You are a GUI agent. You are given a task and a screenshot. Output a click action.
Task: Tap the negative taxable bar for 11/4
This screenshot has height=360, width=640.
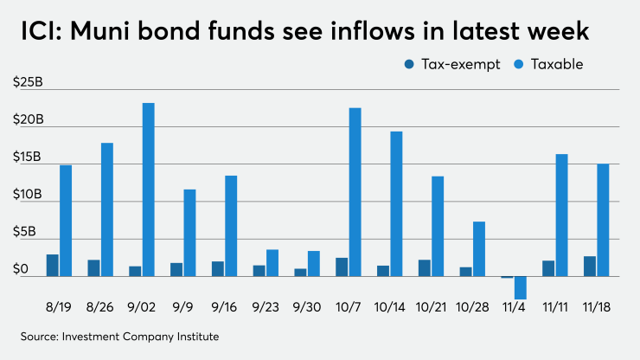(520, 287)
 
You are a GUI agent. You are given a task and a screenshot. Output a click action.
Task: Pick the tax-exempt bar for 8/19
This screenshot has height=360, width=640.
(53, 266)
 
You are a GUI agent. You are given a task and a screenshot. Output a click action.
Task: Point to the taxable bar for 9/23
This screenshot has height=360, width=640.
(272, 263)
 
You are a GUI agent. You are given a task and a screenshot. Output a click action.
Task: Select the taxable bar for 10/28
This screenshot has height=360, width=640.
(478, 249)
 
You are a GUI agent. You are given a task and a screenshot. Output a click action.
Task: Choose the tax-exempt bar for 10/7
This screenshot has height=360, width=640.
(342, 267)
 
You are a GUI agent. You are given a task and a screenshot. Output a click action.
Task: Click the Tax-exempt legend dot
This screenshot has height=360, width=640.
(407, 64)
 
